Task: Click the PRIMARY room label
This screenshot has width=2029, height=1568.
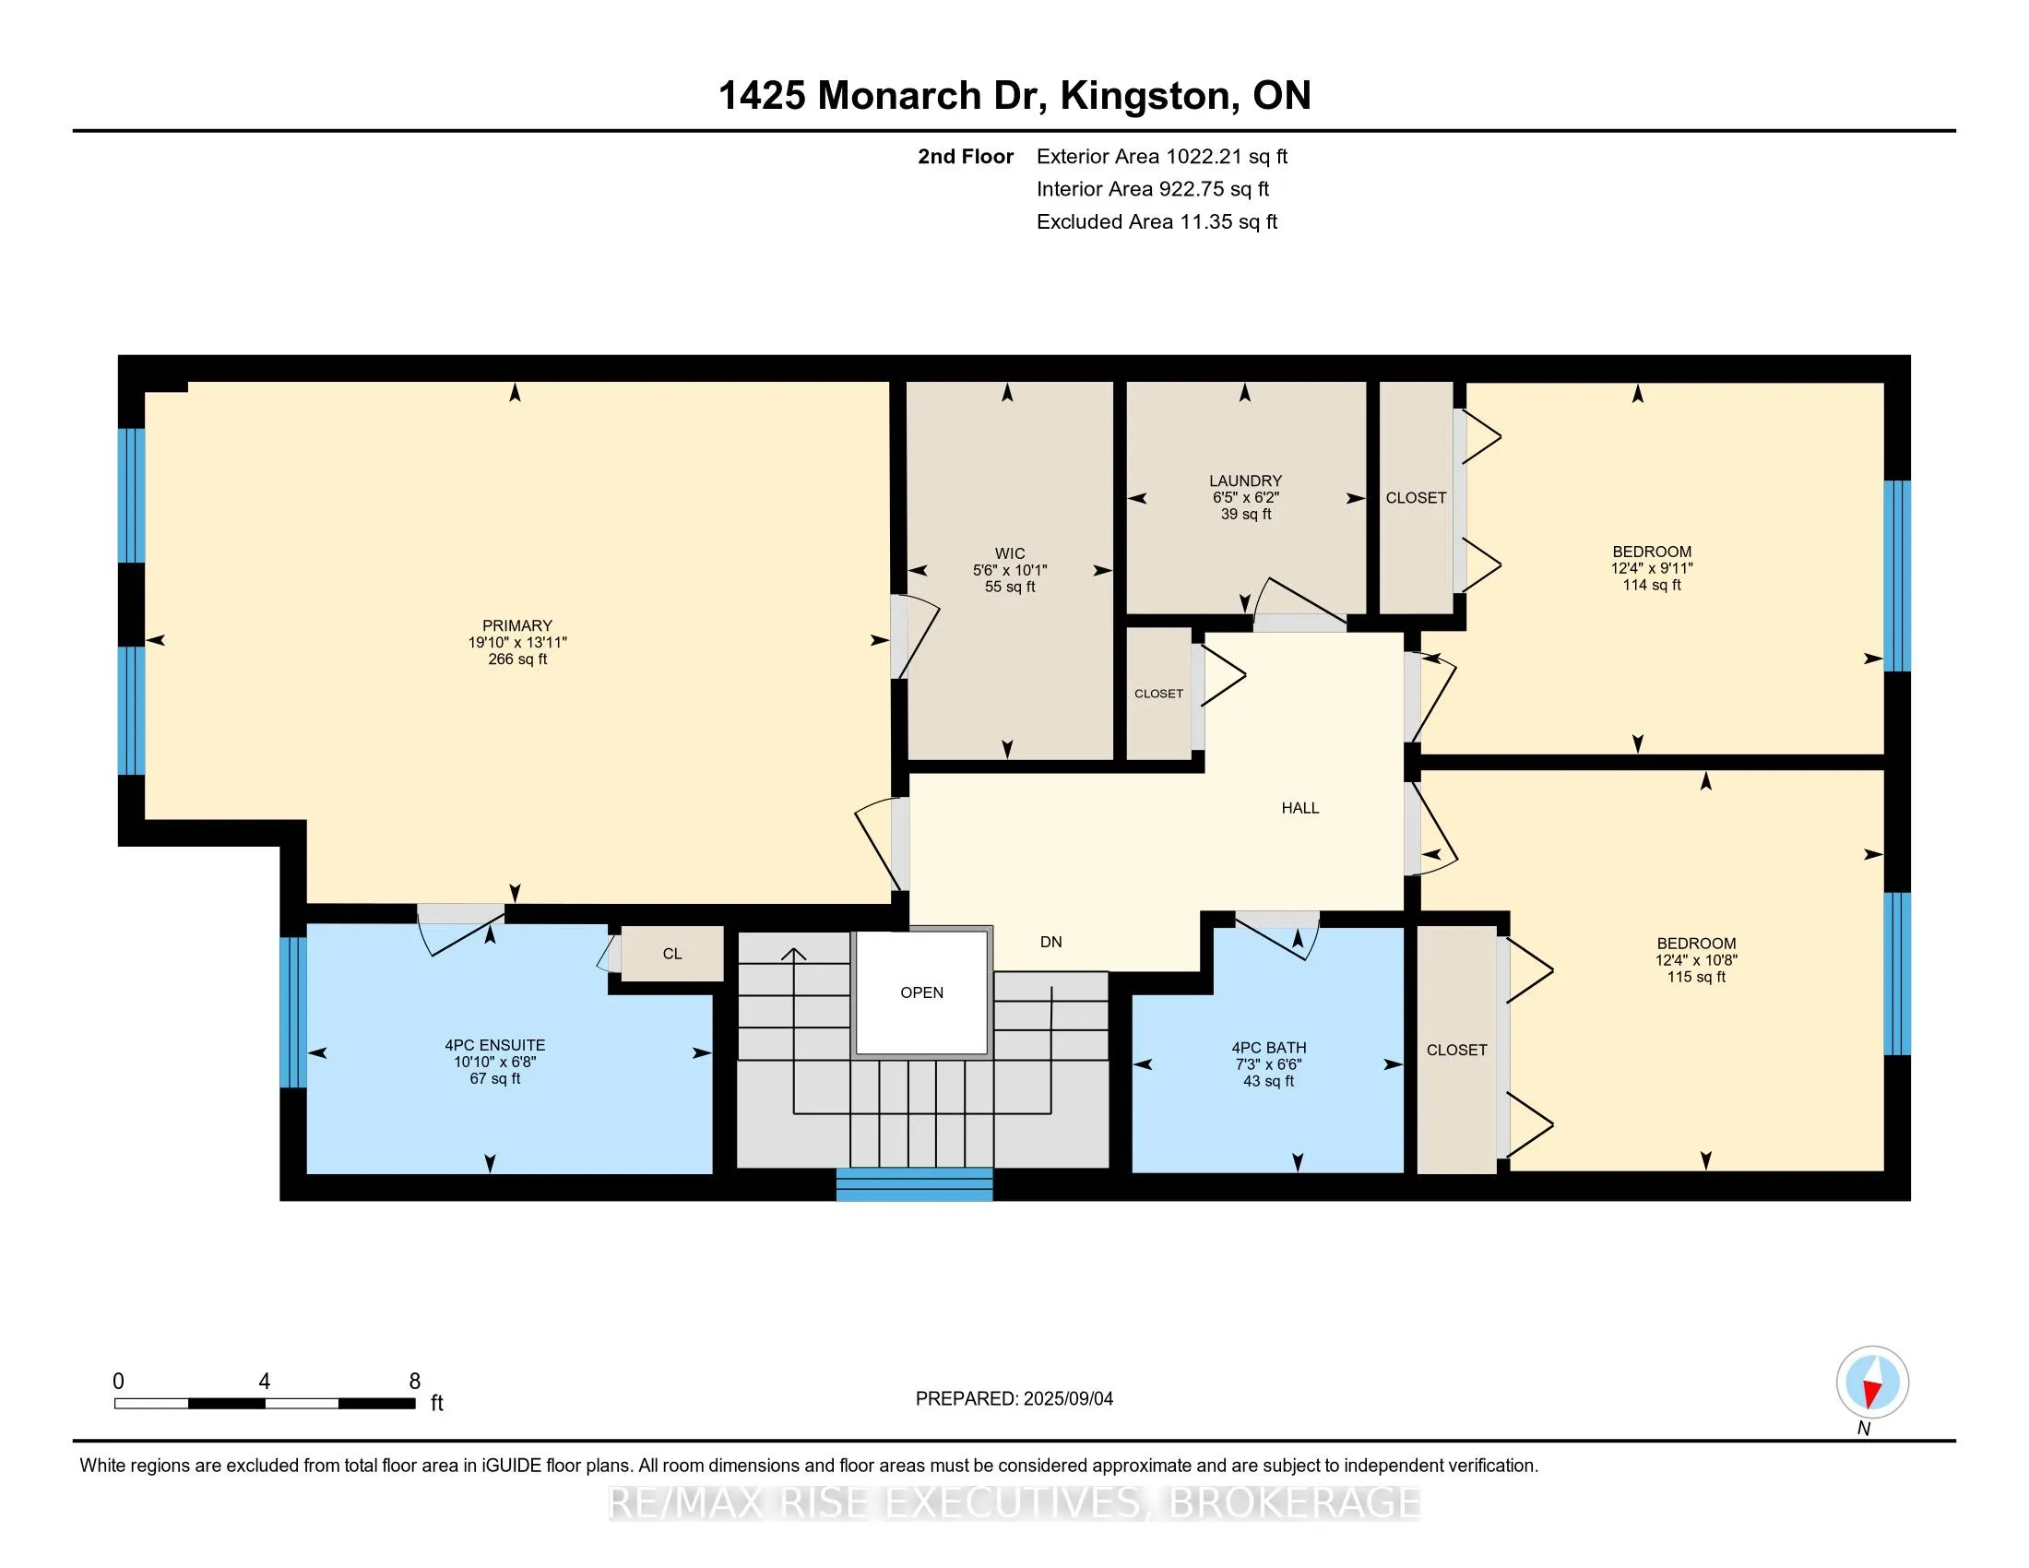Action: (x=517, y=626)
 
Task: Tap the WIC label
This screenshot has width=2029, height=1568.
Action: (x=1010, y=553)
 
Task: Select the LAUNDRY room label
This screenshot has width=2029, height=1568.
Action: (x=1245, y=481)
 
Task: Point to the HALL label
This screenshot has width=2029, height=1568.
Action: (x=1299, y=808)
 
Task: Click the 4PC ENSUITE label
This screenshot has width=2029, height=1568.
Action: (x=495, y=1045)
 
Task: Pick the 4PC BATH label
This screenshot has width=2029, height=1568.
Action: (x=1269, y=1048)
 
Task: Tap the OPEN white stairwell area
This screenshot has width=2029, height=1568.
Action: (x=921, y=992)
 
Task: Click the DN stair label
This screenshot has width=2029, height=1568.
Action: (x=1050, y=942)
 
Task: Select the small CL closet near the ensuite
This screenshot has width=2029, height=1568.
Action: (x=672, y=953)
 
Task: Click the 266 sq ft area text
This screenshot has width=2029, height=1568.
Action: (x=517, y=659)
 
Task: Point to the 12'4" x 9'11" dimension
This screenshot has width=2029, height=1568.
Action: (x=1652, y=568)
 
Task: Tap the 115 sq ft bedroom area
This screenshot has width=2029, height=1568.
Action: (x=1696, y=977)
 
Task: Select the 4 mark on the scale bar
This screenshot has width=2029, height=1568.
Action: (x=265, y=1382)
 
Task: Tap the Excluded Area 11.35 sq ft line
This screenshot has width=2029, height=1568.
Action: (x=1157, y=222)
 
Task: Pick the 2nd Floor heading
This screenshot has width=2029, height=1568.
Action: (x=966, y=157)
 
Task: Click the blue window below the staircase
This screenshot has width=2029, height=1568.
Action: (x=914, y=1184)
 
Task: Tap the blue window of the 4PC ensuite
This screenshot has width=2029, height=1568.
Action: (x=292, y=1012)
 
